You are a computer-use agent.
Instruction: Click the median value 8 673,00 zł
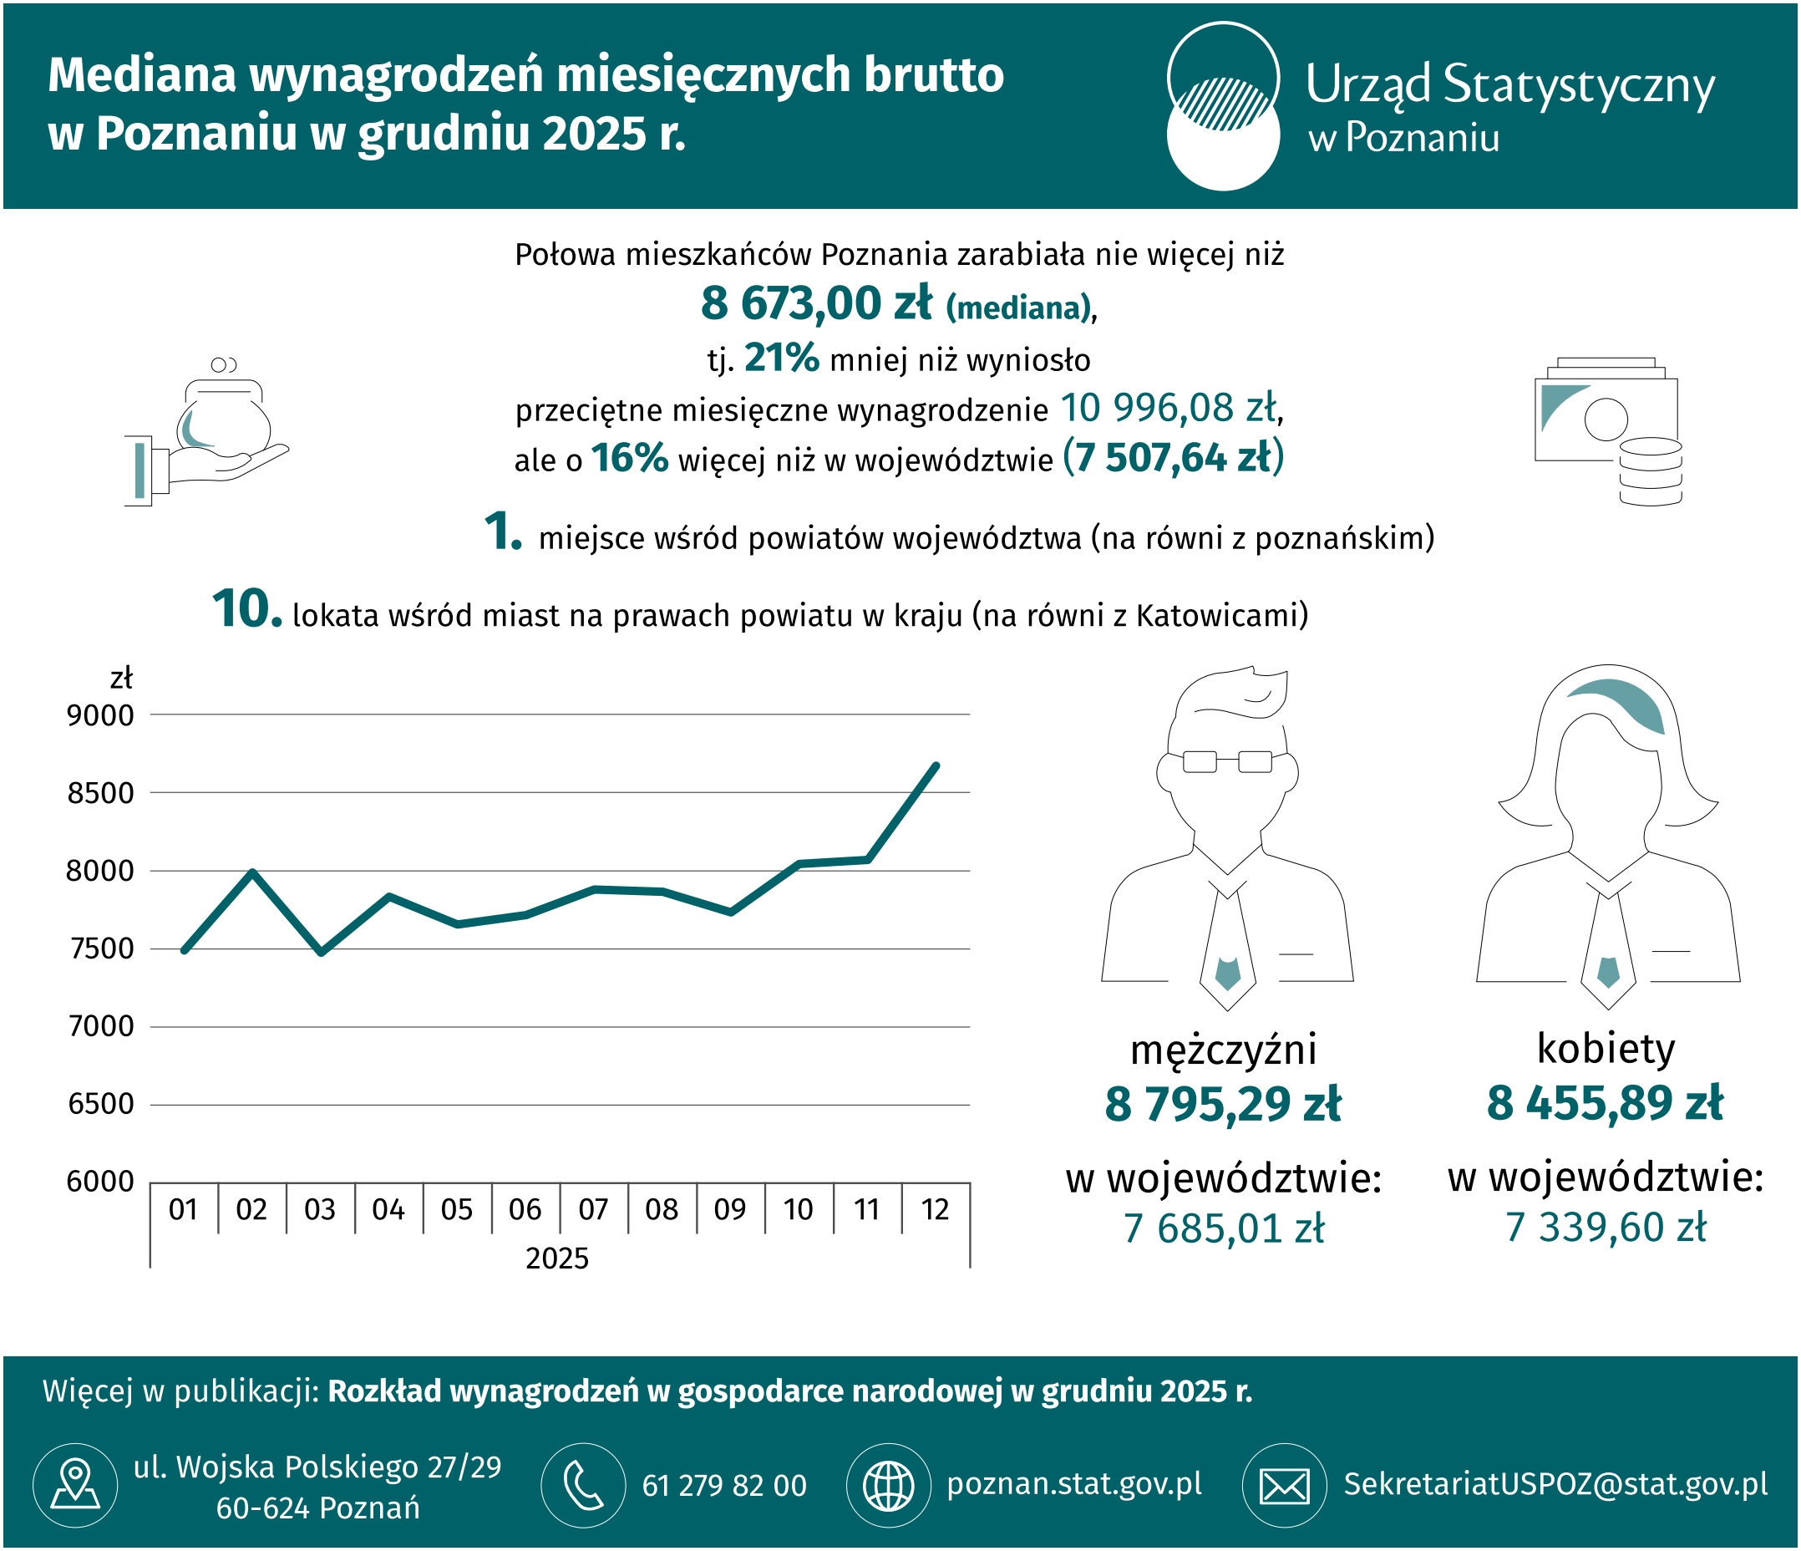[x=816, y=303]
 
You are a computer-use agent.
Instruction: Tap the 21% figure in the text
[x=781, y=358]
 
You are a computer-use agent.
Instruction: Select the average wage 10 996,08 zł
[x=1168, y=408]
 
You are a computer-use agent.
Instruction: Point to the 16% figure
[x=629, y=457]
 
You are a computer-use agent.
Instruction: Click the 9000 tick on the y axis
[x=101, y=715]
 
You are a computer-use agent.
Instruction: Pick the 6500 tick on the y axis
[x=101, y=1104]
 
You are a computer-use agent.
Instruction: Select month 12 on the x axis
[x=936, y=1209]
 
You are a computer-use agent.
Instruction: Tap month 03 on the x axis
[x=320, y=1209]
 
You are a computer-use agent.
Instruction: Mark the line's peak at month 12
[x=936, y=765]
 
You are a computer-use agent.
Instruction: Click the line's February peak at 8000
[x=252, y=871]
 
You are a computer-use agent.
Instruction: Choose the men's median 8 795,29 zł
[x=1223, y=1104]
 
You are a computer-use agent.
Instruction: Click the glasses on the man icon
[x=1227, y=761]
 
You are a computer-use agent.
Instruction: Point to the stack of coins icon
[x=1651, y=471]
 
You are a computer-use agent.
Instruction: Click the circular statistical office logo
[x=1223, y=106]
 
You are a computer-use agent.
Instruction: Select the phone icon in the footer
[x=583, y=1485]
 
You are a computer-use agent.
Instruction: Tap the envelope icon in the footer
[x=1285, y=1485]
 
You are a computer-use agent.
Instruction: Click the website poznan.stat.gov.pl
[x=1074, y=1484]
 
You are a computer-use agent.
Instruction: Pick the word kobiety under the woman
[x=1606, y=1049]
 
